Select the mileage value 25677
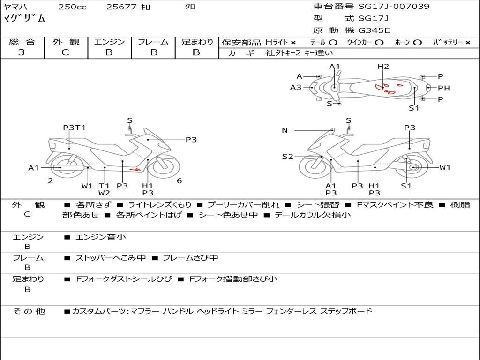[121, 7]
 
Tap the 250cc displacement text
[72, 7]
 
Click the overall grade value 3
[22, 52]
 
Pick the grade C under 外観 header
[65, 52]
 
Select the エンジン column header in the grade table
[109, 42]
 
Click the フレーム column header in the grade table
[153, 42]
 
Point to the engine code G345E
[374, 31]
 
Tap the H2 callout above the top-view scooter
[383, 67]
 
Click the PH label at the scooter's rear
[444, 88]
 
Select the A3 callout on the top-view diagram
[296, 87]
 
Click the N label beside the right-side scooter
[285, 130]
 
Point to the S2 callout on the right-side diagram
[287, 157]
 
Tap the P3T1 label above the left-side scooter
[75, 127]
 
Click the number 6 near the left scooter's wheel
[179, 180]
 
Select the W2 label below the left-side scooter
[104, 193]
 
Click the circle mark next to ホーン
[417, 42]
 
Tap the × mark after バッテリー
[467, 42]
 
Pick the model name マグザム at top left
[24, 19]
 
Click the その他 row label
[29, 311]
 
